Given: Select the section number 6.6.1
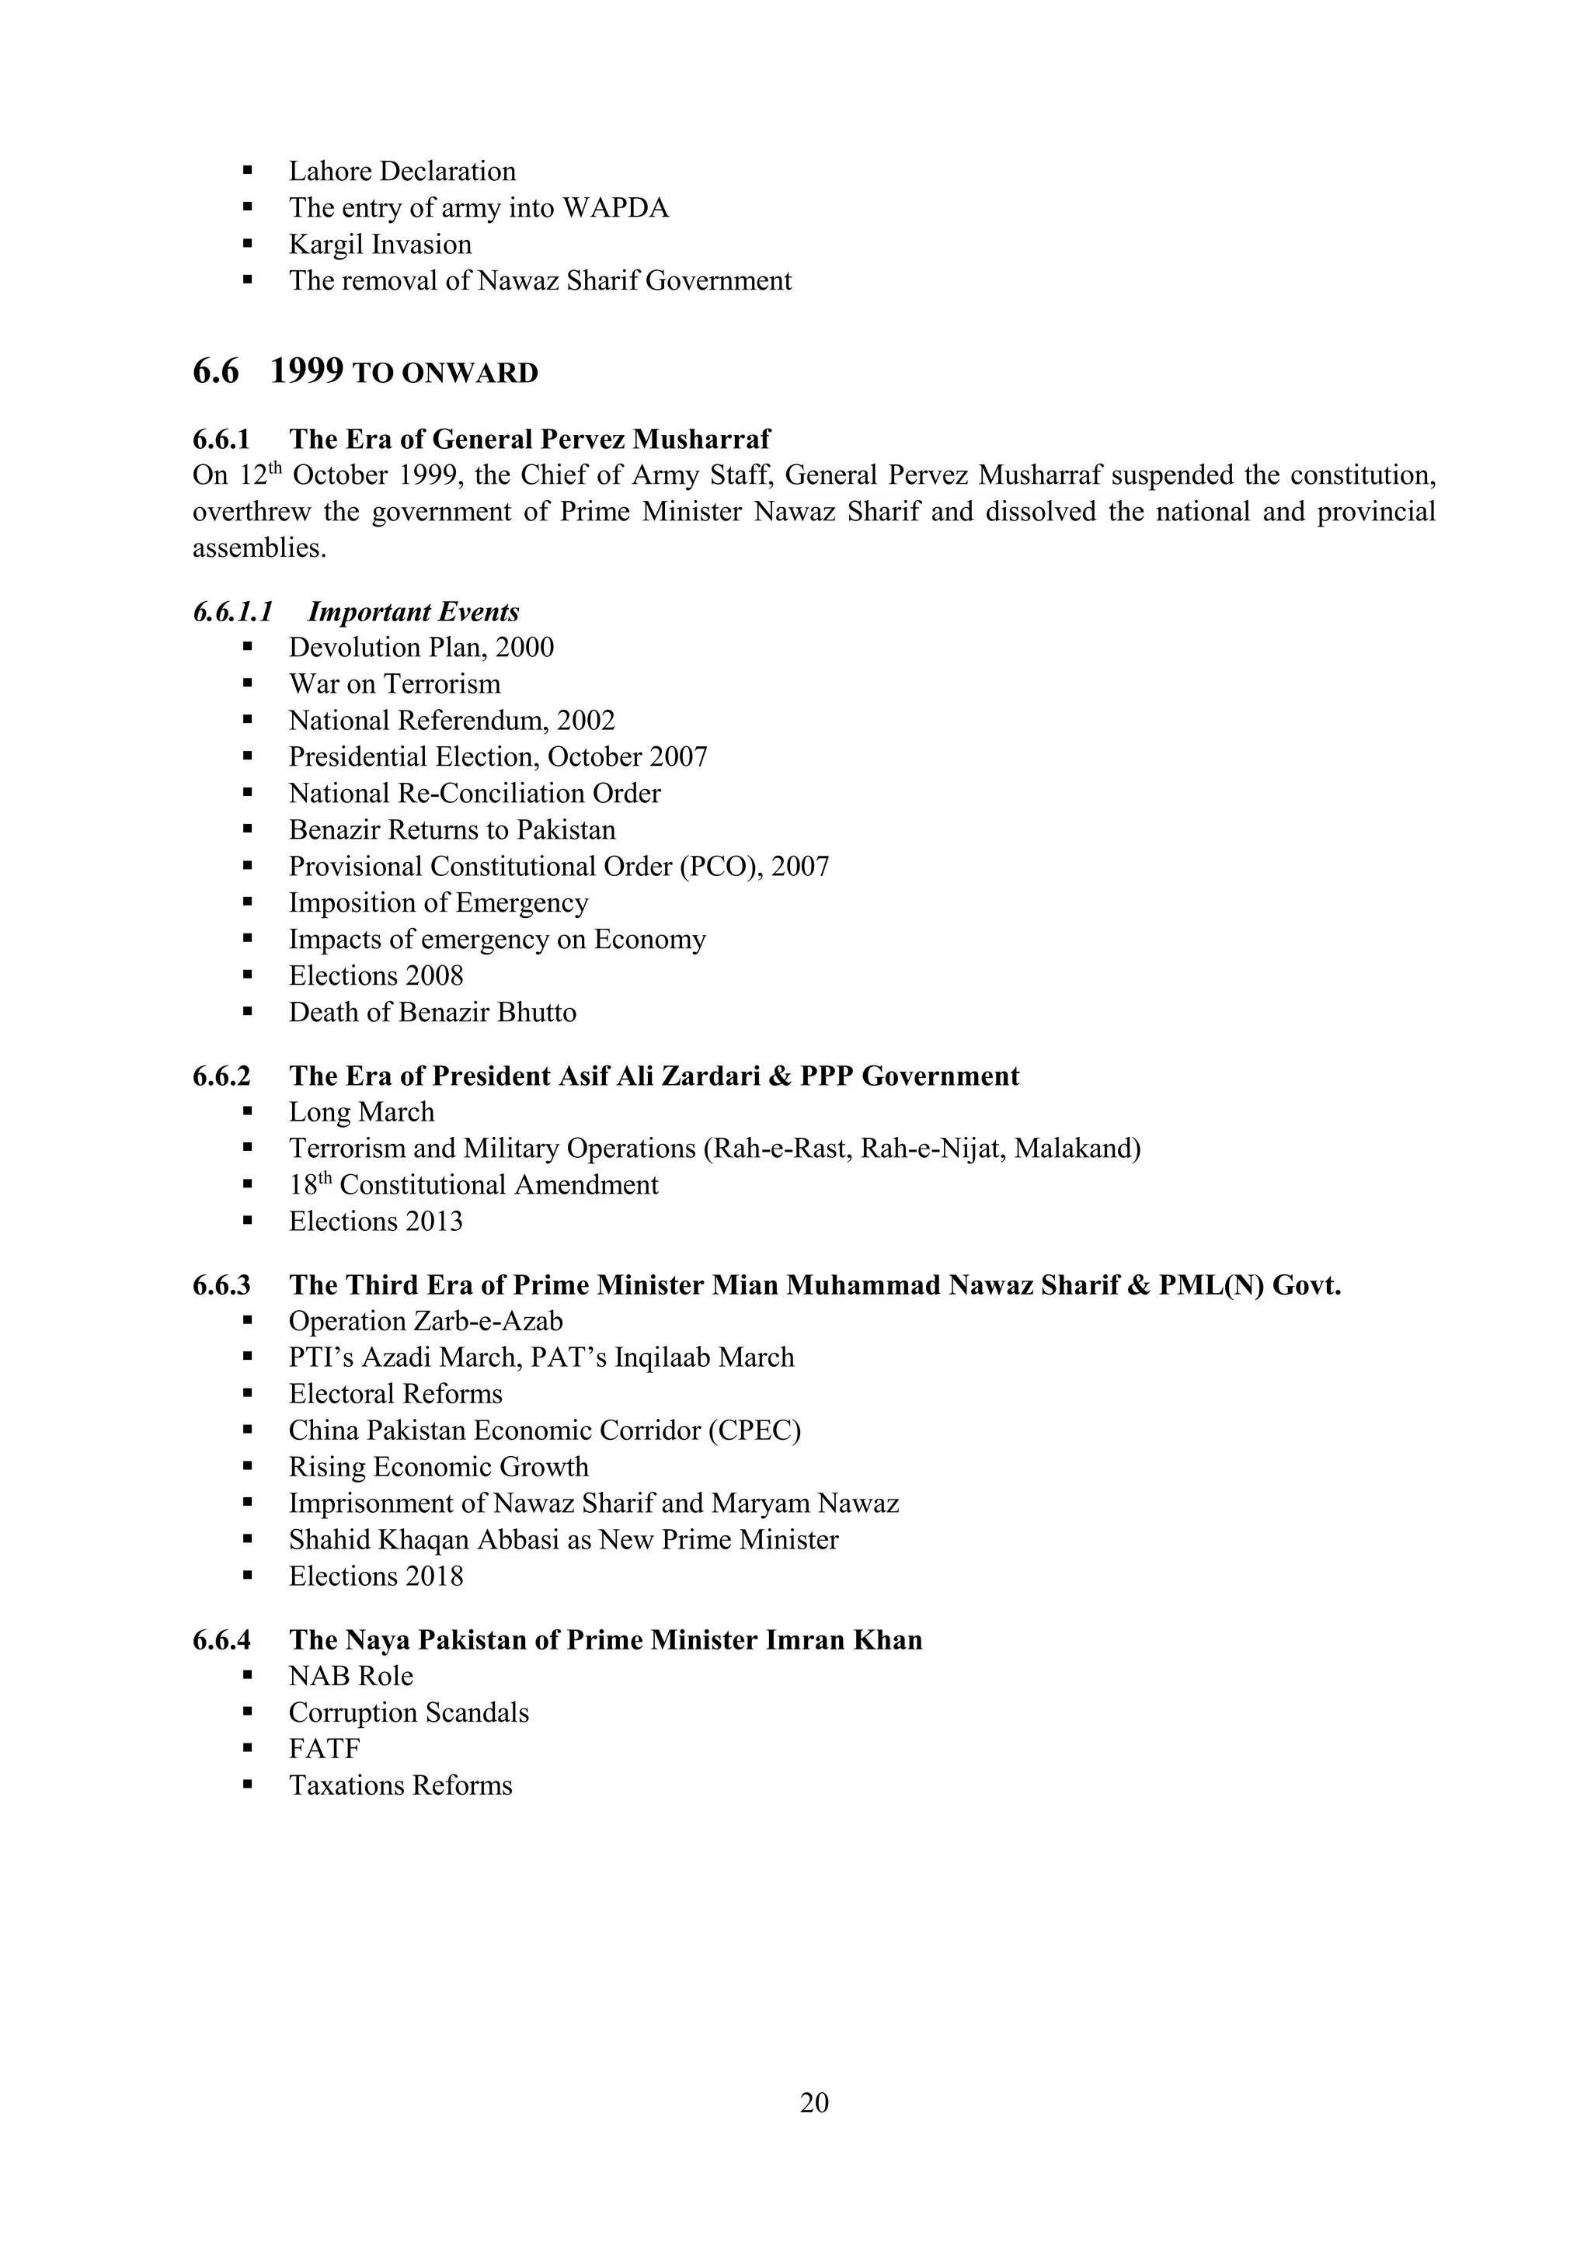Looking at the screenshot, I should click(x=221, y=439).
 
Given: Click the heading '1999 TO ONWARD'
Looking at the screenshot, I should click(x=404, y=372).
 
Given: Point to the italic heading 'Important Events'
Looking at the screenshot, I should click(x=413, y=612).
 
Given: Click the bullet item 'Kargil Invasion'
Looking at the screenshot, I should click(x=379, y=245).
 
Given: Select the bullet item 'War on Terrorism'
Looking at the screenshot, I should click(x=394, y=683).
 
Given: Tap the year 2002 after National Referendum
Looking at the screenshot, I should click(x=586, y=721).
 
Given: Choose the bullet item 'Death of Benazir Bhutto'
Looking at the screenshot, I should click(x=432, y=1013).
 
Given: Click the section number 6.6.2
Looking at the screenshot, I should click(x=221, y=1076).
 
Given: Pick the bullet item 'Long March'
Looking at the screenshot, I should click(x=360, y=1113).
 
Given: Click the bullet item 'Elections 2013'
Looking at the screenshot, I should click(x=375, y=1222).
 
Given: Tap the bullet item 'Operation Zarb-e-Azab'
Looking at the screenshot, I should click(x=425, y=1323).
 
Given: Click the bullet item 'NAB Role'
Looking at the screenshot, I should click(x=350, y=1677).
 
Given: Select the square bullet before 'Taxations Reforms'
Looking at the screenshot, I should click(x=248, y=1785).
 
